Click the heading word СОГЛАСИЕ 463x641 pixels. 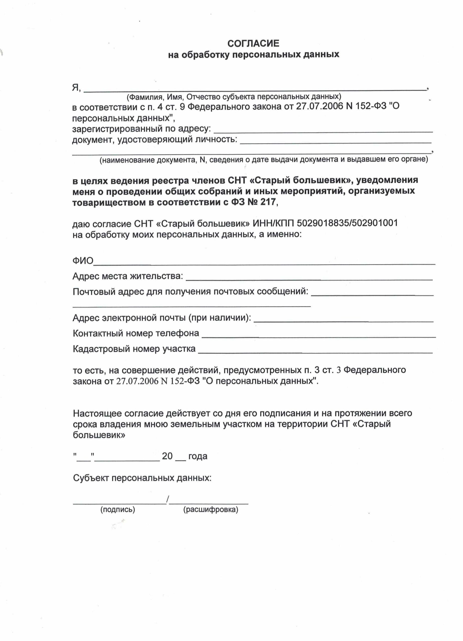pyautogui.click(x=253, y=43)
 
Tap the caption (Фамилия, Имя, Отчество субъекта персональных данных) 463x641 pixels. pyautogui.click(x=234, y=97)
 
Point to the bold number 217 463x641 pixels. pyautogui.click(x=268, y=202)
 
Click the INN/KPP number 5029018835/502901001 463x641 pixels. pyautogui.click(x=347, y=223)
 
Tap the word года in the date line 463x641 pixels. pyautogui.click(x=198, y=456)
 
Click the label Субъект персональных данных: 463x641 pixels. pyautogui.click(x=142, y=478)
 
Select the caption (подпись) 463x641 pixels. pyautogui.click(x=118, y=509)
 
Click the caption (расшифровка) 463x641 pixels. pyautogui.click(x=211, y=509)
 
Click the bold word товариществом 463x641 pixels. pyautogui.click(x=109, y=202)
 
